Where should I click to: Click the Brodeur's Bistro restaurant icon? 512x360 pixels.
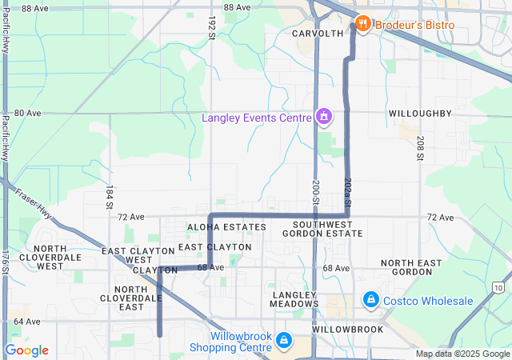tap(362, 24)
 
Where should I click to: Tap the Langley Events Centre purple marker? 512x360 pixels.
tap(323, 118)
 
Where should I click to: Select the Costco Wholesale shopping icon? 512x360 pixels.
tap(370, 301)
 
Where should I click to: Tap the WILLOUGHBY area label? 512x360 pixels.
tap(421, 114)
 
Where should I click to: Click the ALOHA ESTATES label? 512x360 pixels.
tap(226, 228)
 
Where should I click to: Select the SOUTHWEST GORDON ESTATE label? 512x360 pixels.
tap(327, 228)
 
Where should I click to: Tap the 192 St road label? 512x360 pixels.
tap(212, 26)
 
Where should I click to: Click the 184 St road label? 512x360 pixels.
tap(110, 196)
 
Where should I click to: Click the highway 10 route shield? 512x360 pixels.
tap(499, 286)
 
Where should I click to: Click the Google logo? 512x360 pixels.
tap(26, 350)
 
